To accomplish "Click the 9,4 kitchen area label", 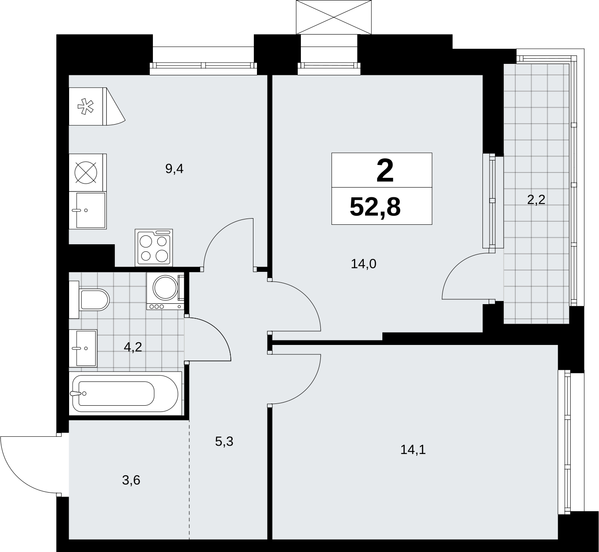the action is (x=175, y=169).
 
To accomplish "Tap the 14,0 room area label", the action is (x=363, y=264).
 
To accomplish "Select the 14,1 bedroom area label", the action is (x=413, y=450).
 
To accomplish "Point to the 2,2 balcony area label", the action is (x=536, y=200).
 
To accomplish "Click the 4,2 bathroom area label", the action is (x=133, y=347).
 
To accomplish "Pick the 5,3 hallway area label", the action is (x=224, y=442).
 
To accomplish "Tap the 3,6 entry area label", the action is (x=131, y=480).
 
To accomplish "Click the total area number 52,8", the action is (x=375, y=207).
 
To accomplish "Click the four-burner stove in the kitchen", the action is (x=154, y=247).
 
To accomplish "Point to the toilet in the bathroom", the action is (x=89, y=299).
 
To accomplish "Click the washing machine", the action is (x=165, y=291).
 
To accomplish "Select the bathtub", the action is (x=125, y=393).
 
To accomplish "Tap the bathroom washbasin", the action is (x=83, y=348).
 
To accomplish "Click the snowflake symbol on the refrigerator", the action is (x=86, y=106).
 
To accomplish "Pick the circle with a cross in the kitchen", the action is (x=86, y=172).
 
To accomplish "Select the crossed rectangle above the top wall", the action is (x=334, y=17).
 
